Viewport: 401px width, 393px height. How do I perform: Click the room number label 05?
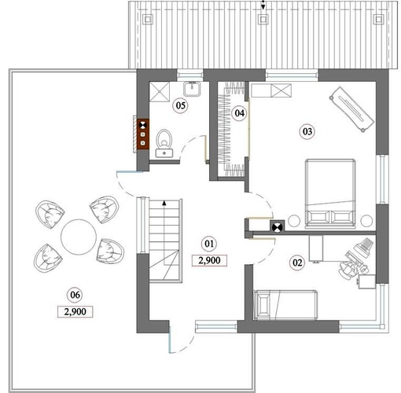(181, 105)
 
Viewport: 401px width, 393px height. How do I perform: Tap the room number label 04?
(239, 113)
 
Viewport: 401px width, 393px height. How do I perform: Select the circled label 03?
(307, 131)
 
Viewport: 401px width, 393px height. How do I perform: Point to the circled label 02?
(297, 263)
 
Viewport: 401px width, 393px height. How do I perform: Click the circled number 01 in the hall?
(209, 244)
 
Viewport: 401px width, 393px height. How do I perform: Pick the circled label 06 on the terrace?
(75, 295)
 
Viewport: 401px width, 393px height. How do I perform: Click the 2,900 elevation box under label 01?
(209, 260)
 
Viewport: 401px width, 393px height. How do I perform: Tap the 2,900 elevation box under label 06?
(75, 312)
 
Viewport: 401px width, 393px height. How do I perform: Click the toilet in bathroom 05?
(164, 143)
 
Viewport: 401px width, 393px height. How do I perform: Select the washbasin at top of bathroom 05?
(192, 89)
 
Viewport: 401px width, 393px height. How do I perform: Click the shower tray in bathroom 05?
(160, 91)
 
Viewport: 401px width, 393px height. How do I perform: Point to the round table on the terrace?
(79, 237)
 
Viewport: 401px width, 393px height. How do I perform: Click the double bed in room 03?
(330, 193)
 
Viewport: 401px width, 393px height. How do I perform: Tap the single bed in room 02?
(285, 305)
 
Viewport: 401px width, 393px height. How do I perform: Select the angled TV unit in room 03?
(351, 109)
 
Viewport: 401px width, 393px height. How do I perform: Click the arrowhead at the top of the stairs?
(164, 203)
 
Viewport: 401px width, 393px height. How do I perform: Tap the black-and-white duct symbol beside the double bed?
(277, 227)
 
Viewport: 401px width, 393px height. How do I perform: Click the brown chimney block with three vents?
(143, 134)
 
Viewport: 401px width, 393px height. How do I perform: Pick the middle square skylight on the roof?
(263, 19)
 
